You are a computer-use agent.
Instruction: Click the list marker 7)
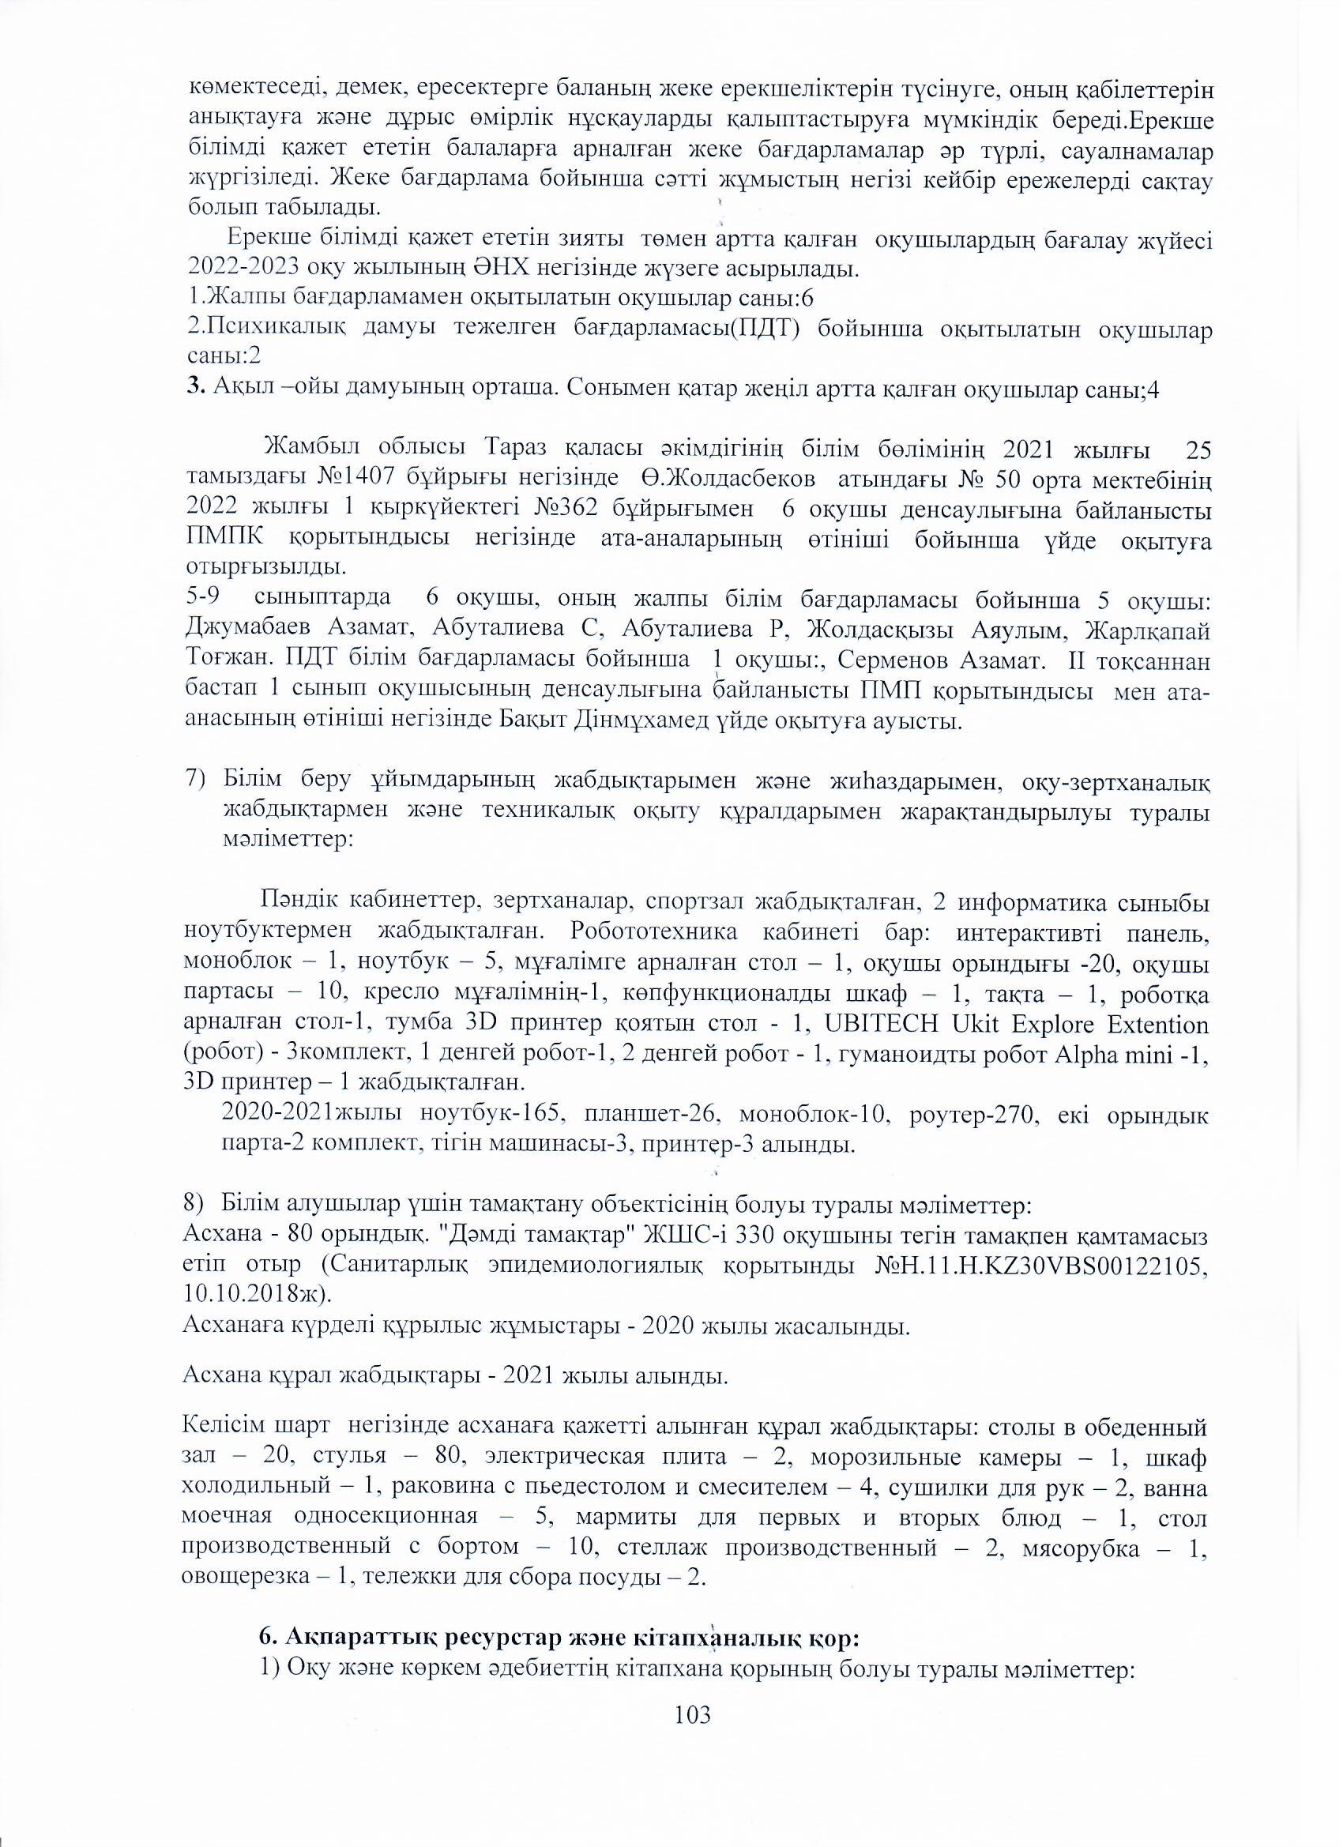199,781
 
